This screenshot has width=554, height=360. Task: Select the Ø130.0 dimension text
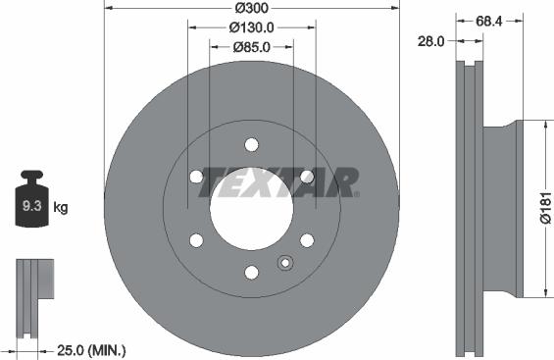251,28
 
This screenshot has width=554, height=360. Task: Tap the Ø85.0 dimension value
251,46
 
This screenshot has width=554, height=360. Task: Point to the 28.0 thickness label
432,42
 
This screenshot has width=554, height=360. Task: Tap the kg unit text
60,208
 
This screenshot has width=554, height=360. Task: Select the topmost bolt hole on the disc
251,145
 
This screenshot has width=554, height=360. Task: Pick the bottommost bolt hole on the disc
251,272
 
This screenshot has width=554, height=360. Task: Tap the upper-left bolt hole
196,177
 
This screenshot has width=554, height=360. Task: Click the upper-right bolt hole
307,177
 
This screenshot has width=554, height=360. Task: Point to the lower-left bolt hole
196,240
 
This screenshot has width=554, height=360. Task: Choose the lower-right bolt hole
307,240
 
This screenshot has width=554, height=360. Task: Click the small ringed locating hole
285,262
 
